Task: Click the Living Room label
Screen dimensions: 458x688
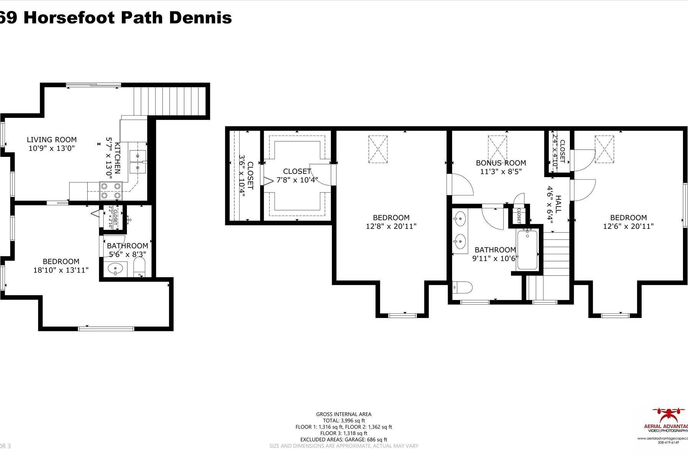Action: (52, 140)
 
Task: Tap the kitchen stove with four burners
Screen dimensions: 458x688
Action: (111, 191)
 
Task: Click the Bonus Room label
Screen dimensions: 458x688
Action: (501, 163)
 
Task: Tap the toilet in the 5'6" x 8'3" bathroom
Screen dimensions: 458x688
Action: (140, 266)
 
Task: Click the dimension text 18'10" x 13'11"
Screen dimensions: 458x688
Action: (61, 270)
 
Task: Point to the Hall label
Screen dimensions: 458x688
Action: (558, 204)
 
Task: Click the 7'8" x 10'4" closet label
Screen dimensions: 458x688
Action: (297, 171)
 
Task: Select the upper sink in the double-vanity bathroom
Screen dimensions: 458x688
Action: (460, 219)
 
